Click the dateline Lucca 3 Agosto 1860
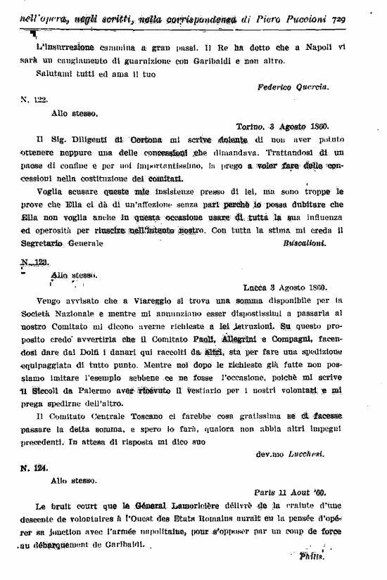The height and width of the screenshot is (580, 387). [x=309, y=287]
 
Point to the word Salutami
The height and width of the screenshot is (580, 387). [x=56, y=74]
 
